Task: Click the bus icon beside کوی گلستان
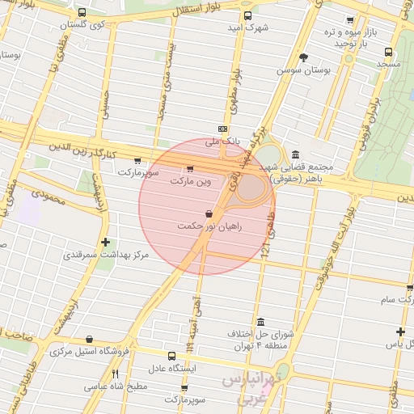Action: (x=83, y=13)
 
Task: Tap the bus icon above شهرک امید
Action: (x=247, y=15)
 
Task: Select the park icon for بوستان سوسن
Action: (x=303, y=57)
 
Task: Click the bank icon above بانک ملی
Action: (x=223, y=129)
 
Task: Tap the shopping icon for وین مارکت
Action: (x=190, y=169)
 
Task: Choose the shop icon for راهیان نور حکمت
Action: (x=210, y=214)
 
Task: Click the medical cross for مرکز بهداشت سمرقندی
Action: (x=105, y=242)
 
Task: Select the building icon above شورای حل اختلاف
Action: (x=260, y=321)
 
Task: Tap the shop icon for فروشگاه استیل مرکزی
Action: (x=88, y=339)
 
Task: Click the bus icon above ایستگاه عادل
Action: (x=171, y=356)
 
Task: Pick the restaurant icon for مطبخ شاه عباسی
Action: (x=115, y=374)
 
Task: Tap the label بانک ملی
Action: (x=213, y=142)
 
